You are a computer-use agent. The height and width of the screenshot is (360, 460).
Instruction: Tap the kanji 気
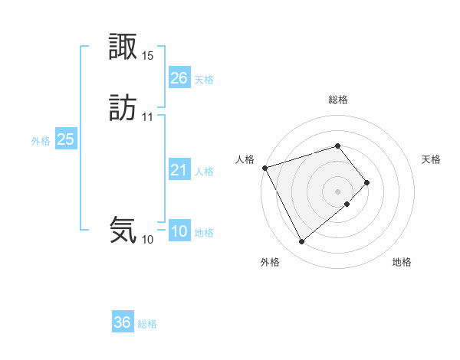click(x=123, y=230)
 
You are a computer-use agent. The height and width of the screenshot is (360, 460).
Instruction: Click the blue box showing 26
click(x=179, y=77)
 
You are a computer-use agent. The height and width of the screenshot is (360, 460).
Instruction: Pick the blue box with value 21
click(x=179, y=170)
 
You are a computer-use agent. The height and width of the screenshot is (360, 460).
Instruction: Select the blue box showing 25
click(x=65, y=139)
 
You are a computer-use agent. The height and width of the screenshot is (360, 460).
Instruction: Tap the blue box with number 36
click(x=123, y=322)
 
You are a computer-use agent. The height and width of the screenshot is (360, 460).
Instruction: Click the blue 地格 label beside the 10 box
click(x=204, y=233)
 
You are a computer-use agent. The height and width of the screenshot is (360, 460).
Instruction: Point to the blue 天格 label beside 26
click(x=204, y=80)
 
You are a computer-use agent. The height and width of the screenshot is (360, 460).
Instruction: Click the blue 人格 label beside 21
click(x=204, y=172)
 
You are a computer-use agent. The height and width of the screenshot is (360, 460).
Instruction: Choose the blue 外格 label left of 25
click(x=41, y=141)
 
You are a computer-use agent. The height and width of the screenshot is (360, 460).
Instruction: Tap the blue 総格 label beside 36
click(x=147, y=324)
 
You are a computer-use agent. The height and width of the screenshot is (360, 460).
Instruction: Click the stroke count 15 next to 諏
click(x=148, y=55)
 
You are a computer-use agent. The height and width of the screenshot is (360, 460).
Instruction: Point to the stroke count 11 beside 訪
click(x=148, y=117)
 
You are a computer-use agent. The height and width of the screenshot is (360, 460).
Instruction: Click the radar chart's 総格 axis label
click(x=338, y=100)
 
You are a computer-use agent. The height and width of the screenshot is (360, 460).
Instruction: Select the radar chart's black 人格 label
click(x=245, y=159)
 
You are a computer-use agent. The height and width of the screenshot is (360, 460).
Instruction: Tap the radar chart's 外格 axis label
click(x=270, y=263)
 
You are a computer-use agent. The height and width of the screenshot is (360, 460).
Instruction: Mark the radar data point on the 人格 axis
click(x=264, y=167)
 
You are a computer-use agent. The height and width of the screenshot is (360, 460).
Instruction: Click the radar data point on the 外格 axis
click(x=301, y=242)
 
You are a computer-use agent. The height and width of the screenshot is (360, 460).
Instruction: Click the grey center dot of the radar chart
click(x=338, y=190)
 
